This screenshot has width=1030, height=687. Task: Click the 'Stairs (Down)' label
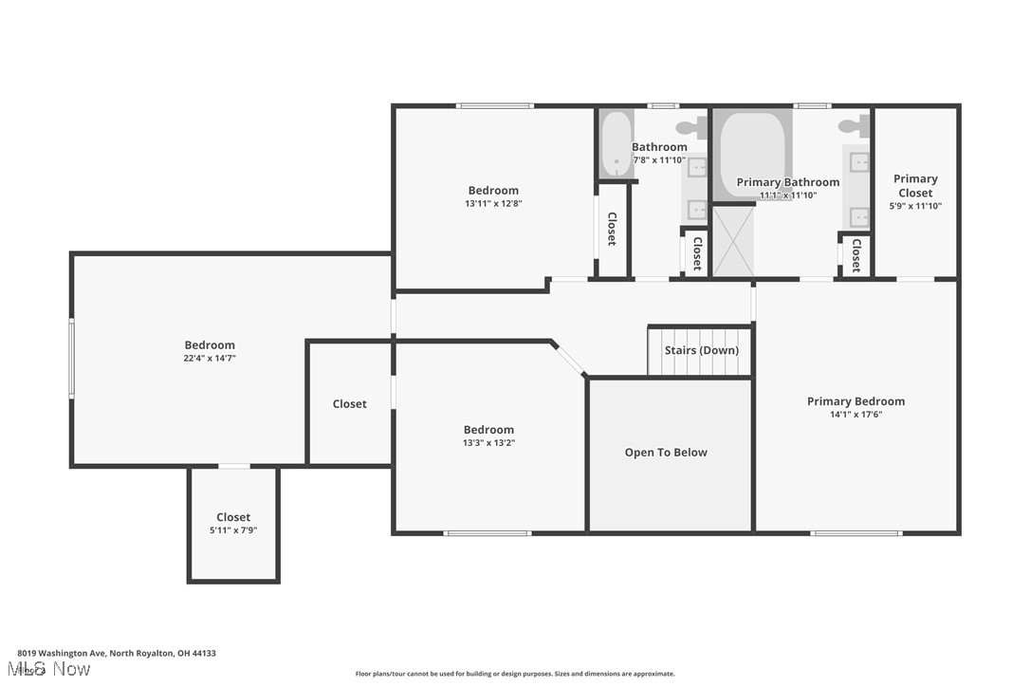coord(701,350)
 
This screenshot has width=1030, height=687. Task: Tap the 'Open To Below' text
coord(666,453)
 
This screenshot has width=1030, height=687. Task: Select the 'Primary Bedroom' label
coord(855,401)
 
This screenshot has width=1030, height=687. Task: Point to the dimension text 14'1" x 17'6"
coord(855,415)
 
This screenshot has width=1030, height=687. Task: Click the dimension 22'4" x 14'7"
coord(210,359)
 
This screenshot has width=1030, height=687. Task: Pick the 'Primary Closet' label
coord(915,185)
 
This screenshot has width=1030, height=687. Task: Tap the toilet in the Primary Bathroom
coord(850,125)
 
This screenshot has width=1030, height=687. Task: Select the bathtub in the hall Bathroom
coord(616,143)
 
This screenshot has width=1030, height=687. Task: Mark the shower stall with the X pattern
coord(733,242)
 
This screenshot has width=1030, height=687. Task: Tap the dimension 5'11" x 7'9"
coord(233,530)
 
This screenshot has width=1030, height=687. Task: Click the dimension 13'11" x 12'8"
coord(493,203)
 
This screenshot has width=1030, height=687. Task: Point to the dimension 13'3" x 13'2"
coord(488,443)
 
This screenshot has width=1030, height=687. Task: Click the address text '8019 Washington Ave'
coord(62,653)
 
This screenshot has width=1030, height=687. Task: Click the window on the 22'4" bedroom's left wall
coord(71,358)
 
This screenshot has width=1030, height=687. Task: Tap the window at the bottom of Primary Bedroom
coord(855,533)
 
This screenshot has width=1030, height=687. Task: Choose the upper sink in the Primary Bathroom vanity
coord(859,162)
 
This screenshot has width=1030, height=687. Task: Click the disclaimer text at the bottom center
coord(515,674)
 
